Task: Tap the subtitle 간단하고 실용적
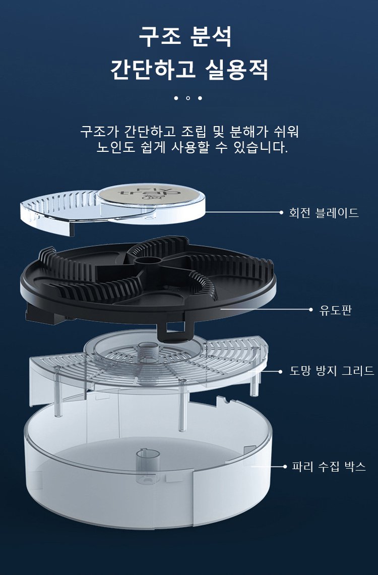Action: coord(189,69)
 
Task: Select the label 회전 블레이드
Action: coord(324,213)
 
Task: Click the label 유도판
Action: coord(335,310)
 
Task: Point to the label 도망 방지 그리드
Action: coord(332,371)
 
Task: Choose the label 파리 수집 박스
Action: coord(329,466)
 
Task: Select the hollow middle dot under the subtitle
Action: coord(188,98)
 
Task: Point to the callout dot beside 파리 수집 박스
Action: coord(284,467)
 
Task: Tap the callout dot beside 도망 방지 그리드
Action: coord(280,372)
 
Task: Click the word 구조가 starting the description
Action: coord(98,132)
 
